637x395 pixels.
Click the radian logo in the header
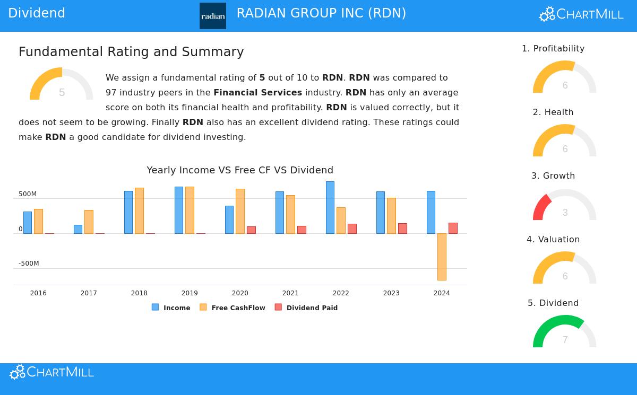click(x=212, y=16)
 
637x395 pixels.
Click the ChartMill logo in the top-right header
click(x=581, y=14)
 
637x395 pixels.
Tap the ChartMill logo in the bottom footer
click(x=51, y=372)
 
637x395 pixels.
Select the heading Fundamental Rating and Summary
click(x=131, y=52)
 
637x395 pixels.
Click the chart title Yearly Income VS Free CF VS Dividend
click(x=240, y=170)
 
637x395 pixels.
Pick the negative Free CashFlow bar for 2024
click(x=442, y=257)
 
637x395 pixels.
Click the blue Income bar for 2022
click(x=330, y=207)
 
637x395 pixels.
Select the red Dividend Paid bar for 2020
click(x=251, y=230)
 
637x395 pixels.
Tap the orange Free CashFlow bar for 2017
click(x=89, y=222)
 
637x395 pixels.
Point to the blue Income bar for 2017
click(x=78, y=229)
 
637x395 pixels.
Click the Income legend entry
click(x=171, y=308)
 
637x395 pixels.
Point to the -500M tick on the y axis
click(x=28, y=264)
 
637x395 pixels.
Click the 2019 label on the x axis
click(x=190, y=293)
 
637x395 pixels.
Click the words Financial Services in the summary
click(x=257, y=92)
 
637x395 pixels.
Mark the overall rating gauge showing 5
click(x=62, y=85)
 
